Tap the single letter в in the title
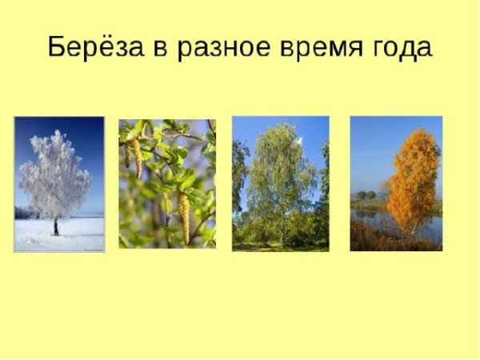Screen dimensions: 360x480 (159, 48)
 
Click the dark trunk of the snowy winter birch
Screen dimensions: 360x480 (55, 226)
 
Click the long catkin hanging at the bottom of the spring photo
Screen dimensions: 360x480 (184, 216)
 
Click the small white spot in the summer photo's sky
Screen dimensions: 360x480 (300, 141)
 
